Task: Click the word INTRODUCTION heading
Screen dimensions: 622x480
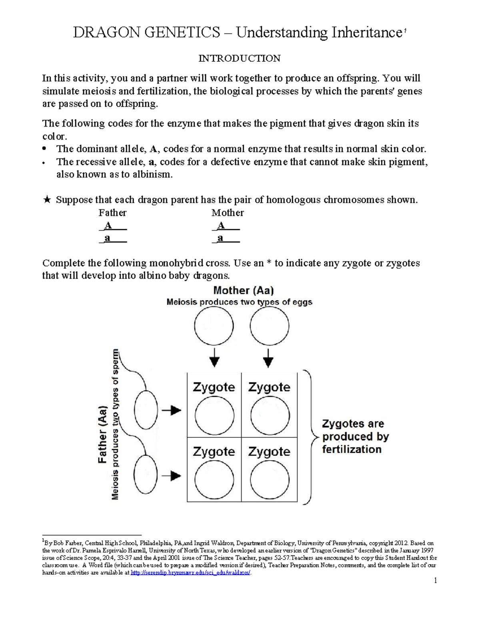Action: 240,58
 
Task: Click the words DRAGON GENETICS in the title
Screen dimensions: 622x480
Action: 146,32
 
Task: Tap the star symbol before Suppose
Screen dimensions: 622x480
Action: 47,200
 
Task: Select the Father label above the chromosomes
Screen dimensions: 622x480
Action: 112,213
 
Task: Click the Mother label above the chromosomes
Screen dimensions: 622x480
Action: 228,213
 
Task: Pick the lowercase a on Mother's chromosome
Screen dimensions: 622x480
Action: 220,238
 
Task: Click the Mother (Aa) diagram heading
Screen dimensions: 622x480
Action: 243,290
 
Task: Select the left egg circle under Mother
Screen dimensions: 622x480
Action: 214,326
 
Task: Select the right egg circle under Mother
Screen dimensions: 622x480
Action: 269,326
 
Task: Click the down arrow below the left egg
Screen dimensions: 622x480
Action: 214,358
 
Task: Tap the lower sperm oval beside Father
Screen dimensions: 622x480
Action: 146,475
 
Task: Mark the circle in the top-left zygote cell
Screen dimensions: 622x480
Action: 214,416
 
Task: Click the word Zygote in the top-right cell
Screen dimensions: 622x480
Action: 269,387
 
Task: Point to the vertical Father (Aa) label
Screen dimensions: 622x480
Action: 103,435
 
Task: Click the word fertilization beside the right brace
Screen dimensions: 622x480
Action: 352,449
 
